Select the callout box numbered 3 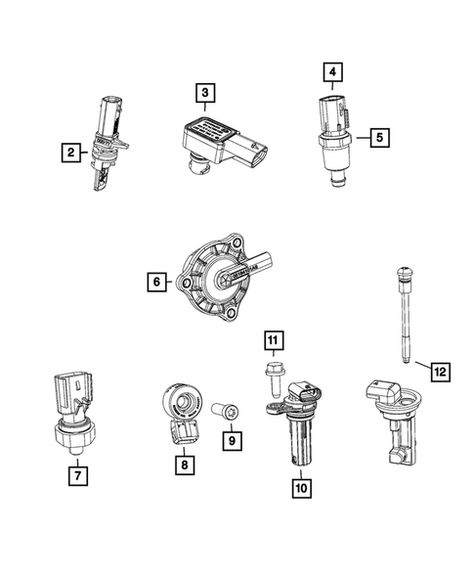point(204,93)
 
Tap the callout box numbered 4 point(333,72)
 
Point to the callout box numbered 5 point(375,138)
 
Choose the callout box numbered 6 point(155,284)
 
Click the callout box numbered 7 point(74,477)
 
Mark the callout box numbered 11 point(275,340)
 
